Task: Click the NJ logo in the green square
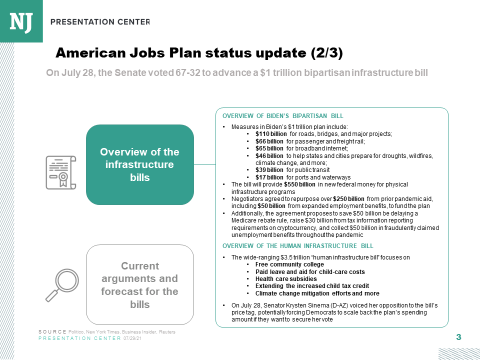(x=21, y=21)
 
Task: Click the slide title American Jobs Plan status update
(x=199, y=53)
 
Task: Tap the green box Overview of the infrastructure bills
(x=139, y=164)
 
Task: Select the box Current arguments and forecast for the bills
(x=139, y=284)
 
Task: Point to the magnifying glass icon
(x=60, y=285)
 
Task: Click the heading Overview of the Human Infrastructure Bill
(x=297, y=245)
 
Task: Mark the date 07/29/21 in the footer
(x=132, y=338)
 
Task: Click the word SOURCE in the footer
(x=52, y=332)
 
